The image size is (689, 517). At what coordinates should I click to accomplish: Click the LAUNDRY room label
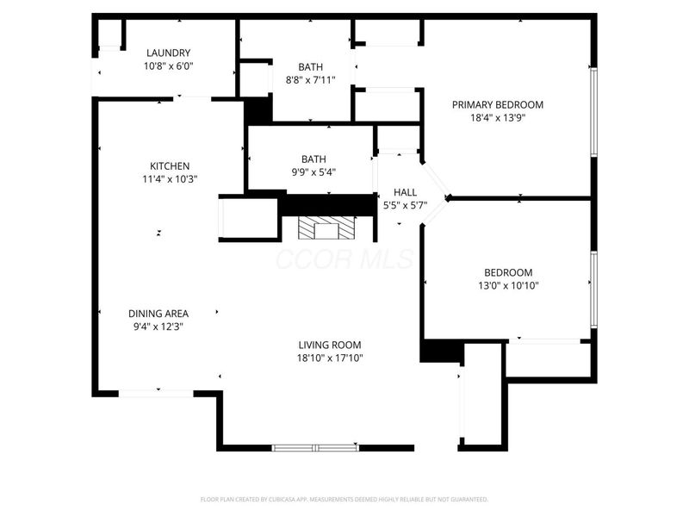pos(168,53)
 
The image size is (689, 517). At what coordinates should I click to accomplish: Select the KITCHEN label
pos(170,166)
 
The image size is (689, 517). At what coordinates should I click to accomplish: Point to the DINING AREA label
pos(158,314)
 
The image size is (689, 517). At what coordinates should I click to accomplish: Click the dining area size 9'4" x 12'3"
pos(158,327)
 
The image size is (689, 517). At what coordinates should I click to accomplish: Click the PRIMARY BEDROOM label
pos(498,105)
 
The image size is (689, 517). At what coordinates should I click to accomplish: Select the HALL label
pos(405,192)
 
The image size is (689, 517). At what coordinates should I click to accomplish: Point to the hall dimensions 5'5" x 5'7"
pos(405,205)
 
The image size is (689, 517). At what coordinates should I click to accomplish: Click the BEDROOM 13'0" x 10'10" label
pos(508,272)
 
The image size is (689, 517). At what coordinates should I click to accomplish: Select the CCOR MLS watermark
pos(344,258)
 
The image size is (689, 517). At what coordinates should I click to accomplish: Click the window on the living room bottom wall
pos(314,447)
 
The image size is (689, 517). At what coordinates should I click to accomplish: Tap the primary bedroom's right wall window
pos(593,112)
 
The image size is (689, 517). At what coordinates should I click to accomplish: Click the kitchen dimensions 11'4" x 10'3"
pos(170,179)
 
